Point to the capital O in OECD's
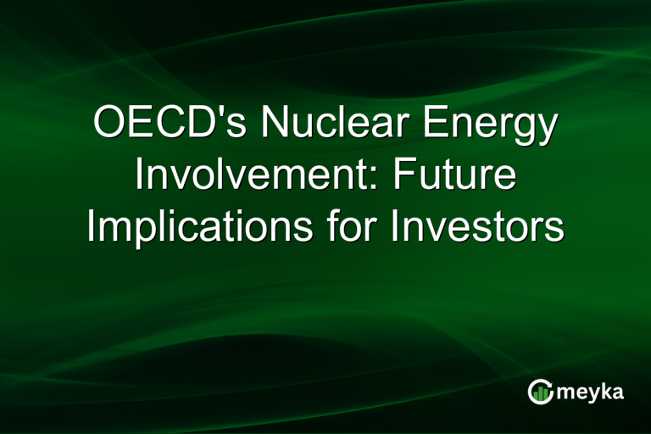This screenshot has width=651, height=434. coord(109,125)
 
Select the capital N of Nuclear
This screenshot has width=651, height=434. coord(273,125)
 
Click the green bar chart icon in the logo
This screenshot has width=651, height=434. coord(539,391)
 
